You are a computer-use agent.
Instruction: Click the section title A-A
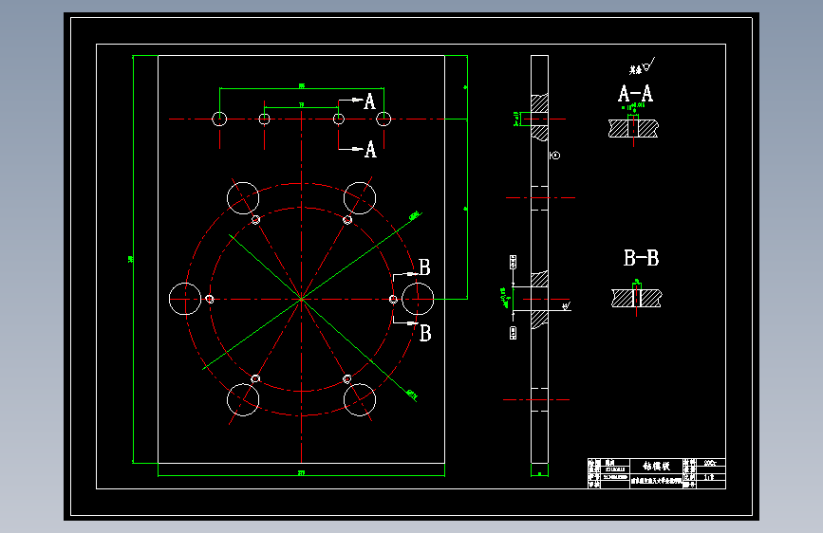point(635,94)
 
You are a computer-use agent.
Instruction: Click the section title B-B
point(641,258)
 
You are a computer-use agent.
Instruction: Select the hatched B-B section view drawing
point(637,297)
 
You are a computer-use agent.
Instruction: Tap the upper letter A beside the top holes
point(370,101)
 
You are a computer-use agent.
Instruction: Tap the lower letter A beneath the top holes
point(370,150)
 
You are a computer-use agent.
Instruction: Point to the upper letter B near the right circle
point(424,267)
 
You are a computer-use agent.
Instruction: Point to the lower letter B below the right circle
point(425,333)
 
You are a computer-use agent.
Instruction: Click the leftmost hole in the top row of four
point(219,119)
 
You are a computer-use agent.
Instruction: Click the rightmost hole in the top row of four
point(384,119)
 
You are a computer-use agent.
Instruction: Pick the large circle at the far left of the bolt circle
point(184,299)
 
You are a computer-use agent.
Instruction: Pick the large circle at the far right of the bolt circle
point(417,299)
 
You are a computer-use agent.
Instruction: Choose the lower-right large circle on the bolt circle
point(360,400)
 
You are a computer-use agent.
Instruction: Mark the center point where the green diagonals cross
point(301,299)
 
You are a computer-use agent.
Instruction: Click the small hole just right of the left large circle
point(210,299)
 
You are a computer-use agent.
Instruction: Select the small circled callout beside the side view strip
point(555,156)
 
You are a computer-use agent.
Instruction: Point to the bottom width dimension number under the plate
point(302,471)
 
